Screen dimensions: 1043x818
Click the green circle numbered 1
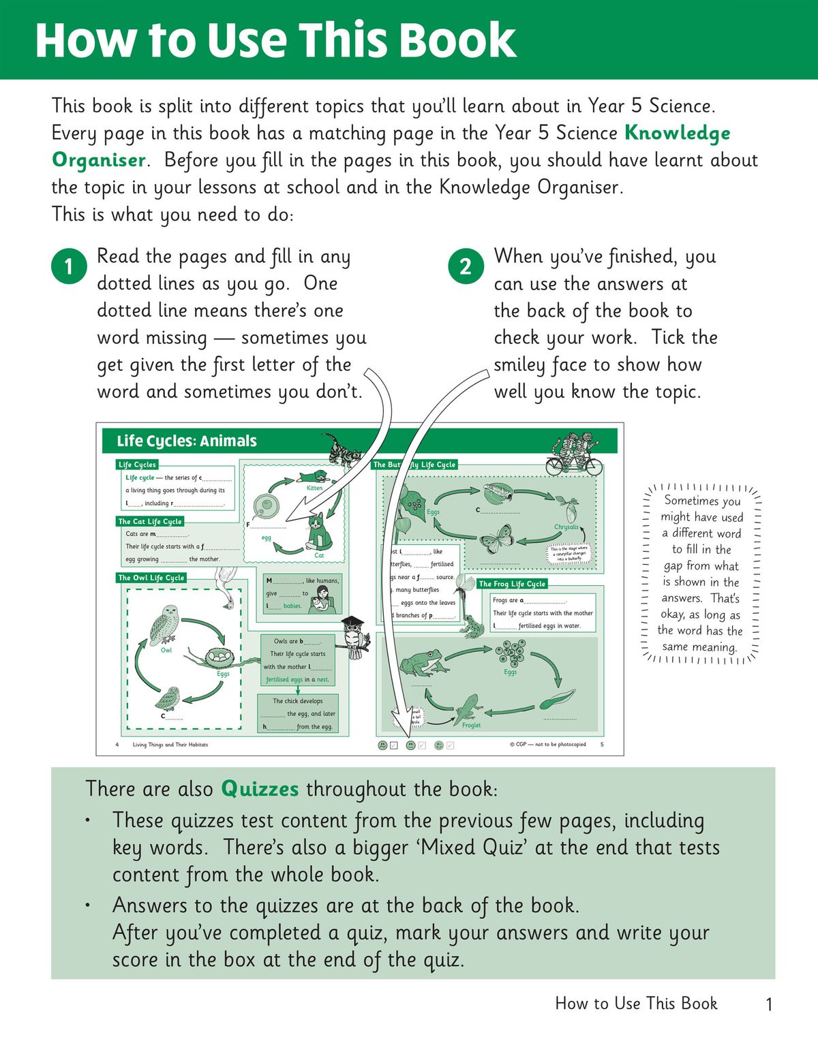68,266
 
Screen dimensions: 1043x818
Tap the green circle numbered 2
466,266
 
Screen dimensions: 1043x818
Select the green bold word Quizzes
260,789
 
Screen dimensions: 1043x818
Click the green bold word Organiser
99,160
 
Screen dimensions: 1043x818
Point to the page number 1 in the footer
769,1004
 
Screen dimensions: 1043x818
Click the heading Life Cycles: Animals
187,441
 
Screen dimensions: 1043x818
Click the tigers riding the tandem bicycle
575,456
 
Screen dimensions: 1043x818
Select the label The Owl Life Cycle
151,578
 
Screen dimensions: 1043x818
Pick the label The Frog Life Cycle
512,584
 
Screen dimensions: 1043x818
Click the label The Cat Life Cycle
150,521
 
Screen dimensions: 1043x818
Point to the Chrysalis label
566,527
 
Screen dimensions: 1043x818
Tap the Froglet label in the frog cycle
471,726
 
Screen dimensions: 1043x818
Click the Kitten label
314,488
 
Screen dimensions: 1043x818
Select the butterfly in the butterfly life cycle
496,538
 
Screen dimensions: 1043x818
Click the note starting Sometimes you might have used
701,574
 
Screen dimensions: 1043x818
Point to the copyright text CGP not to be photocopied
547,745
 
